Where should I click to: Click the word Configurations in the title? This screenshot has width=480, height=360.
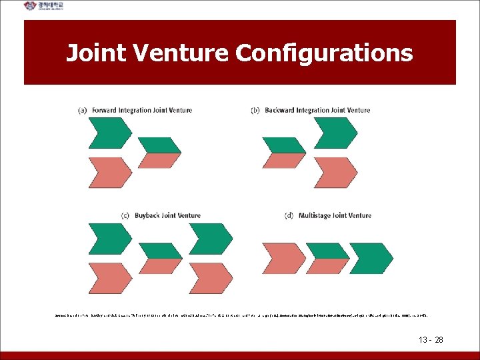[325, 53]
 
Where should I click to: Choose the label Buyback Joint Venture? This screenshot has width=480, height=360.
[167, 215]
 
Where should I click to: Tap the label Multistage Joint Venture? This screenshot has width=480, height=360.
[335, 215]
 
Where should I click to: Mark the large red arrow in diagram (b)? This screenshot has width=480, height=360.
[335, 173]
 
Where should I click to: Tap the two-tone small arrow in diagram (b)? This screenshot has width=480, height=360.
[285, 153]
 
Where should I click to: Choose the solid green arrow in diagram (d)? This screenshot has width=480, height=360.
[371, 258]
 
